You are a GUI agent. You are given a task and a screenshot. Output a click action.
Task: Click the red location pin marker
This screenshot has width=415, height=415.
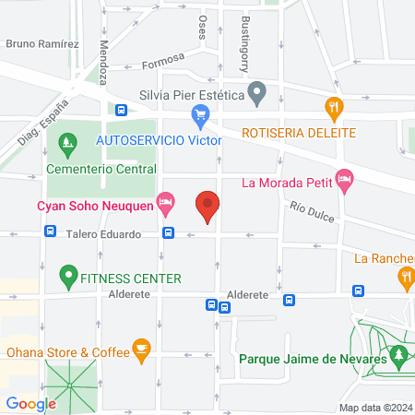pos(207,207)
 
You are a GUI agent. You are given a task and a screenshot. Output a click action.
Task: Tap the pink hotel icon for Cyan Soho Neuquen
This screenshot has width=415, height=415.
pos(166,200)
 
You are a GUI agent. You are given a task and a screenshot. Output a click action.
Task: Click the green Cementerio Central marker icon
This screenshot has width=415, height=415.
pos(66,143)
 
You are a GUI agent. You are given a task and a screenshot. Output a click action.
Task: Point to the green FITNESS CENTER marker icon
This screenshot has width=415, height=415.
pos(66,276)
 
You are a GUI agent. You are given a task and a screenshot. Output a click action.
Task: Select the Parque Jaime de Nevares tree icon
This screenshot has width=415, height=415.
pos(398,354)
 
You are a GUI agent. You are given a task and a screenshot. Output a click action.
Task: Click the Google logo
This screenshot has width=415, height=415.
pos(31,404)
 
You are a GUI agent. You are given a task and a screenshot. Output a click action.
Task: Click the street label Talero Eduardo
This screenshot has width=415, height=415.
pos(103,235)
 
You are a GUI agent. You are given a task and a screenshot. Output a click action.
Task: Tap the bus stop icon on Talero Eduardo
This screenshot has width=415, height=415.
pos(168,234)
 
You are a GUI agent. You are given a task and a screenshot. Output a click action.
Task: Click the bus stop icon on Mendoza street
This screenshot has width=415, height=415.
pos(121,111)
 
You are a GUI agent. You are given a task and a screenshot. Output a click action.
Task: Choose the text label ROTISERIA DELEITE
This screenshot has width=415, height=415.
pos(299,133)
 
